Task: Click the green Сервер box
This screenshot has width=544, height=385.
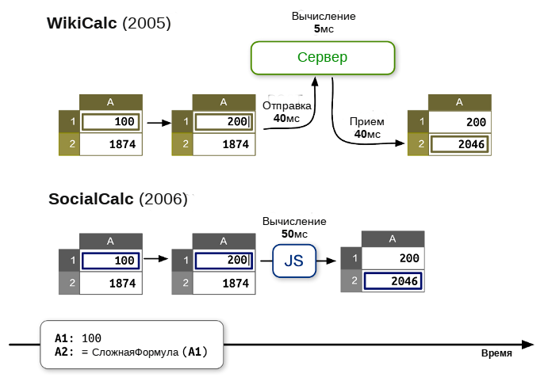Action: (x=323, y=58)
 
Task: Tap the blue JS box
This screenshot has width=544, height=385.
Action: (x=294, y=261)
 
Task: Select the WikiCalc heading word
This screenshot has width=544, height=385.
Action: (x=82, y=23)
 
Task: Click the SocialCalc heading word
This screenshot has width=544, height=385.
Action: (x=91, y=199)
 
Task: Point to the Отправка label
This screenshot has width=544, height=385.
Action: (x=286, y=105)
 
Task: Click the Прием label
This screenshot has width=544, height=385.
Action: (x=366, y=122)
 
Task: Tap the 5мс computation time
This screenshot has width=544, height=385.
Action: (x=324, y=29)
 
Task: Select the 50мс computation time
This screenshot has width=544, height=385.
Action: (x=294, y=234)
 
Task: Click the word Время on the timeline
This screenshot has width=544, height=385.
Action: (x=496, y=353)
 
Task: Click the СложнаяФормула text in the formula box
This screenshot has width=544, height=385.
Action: (x=135, y=353)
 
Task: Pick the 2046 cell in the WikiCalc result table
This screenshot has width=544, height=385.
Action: (x=459, y=144)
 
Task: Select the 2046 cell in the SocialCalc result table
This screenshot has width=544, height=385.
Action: (x=393, y=280)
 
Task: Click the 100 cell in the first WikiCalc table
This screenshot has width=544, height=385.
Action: (x=111, y=122)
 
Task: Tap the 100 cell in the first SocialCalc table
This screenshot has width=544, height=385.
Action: (x=111, y=261)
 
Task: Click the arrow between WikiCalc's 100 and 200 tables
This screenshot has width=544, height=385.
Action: (x=159, y=123)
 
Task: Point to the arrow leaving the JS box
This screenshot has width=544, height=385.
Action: (x=327, y=261)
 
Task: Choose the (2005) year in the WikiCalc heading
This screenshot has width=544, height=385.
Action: (x=147, y=23)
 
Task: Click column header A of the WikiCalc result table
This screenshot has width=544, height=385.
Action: (x=460, y=102)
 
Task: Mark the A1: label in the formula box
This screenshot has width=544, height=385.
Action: (x=64, y=338)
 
